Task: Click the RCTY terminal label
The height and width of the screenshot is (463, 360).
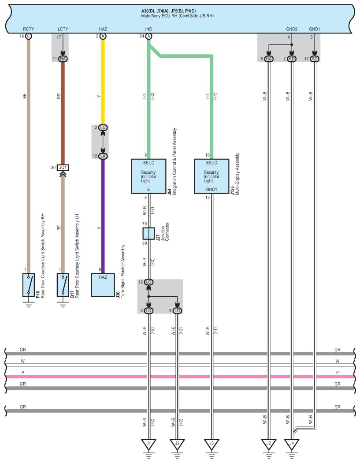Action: (28, 29)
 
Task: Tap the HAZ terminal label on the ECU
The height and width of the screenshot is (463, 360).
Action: (103, 29)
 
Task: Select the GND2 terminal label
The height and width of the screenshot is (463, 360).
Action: (292, 29)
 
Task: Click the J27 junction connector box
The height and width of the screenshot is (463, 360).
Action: (148, 233)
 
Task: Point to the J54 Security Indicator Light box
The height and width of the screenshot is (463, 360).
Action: (148, 176)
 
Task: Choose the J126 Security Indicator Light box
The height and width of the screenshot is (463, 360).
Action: (211, 176)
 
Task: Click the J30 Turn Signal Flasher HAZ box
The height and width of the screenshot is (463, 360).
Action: (103, 285)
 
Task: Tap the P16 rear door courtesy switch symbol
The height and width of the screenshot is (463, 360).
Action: (28, 285)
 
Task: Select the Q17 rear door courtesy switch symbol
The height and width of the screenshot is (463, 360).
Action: (63, 285)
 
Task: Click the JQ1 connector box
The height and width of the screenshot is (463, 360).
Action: (63, 168)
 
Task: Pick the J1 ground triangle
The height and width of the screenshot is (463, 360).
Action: (148, 444)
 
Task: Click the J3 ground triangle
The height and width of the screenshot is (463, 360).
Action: (211, 444)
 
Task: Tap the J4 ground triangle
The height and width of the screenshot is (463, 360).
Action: (292, 444)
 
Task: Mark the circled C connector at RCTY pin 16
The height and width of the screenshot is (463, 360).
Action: (28, 36)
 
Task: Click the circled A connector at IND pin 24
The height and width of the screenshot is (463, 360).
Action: (148, 36)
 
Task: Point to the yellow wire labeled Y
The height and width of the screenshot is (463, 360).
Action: (103, 82)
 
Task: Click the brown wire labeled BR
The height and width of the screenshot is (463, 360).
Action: (63, 113)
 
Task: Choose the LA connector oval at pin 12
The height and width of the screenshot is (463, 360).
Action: (103, 156)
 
